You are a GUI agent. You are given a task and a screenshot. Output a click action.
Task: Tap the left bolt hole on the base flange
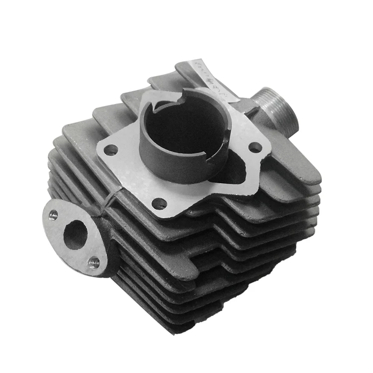click(x=110, y=150)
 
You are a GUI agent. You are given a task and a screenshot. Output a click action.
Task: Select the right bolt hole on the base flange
click(x=255, y=147)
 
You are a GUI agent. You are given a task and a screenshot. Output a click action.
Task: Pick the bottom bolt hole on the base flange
click(x=159, y=203)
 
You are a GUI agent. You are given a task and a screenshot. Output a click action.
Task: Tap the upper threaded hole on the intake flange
click(x=53, y=215)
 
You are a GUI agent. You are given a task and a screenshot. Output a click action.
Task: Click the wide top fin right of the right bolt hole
click(x=293, y=164)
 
